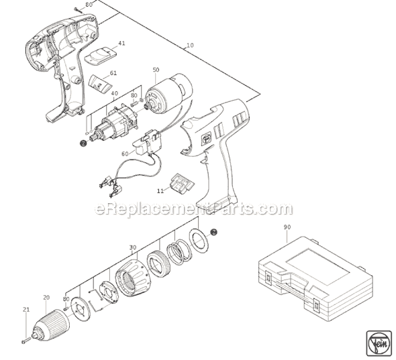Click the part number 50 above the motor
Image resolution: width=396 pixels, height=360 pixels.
pyautogui.click(x=156, y=70)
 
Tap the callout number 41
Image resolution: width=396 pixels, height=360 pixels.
pyautogui.click(x=121, y=44)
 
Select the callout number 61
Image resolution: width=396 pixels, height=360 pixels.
pyautogui.click(x=113, y=73)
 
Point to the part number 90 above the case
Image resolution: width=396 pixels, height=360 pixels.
pyautogui.click(x=287, y=227)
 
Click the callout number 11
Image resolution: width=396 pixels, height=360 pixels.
pyautogui.click(x=160, y=191)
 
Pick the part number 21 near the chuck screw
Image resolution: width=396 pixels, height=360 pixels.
pyautogui.click(x=26, y=310)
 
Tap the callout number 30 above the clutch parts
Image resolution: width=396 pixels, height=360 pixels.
pyautogui.click(x=133, y=247)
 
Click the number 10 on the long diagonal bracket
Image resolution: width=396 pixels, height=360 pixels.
pyautogui.click(x=190, y=45)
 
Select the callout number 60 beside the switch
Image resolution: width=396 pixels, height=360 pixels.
pyautogui.click(x=125, y=154)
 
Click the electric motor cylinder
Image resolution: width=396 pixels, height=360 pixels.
pyautogui.click(x=169, y=93)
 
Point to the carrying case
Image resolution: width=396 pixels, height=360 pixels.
pyautogui.click(x=315, y=278)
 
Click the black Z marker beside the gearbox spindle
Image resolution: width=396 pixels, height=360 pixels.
pyautogui.click(x=83, y=143)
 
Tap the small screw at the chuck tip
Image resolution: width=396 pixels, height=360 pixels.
pyautogui.click(x=26, y=341)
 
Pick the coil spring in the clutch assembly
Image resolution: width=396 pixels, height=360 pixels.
pyautogui.click(x=179, y=252)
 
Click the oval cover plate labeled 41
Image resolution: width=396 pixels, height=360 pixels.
pyautogui.click(x=101, y=56)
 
